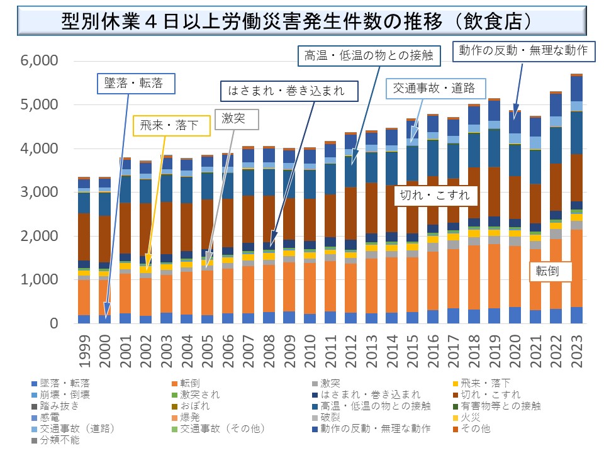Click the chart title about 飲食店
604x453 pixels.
(x=302, y=20)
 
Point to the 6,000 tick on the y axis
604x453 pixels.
(x=39, y=61)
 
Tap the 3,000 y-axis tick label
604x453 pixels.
(x=39, y=192)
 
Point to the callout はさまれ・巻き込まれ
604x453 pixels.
(x=290, y=91)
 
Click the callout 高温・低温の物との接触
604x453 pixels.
(x=368, y=55)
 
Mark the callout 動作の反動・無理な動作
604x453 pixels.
(x=523, y=51)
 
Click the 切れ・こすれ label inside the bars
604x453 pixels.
(x=435, y=195)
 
